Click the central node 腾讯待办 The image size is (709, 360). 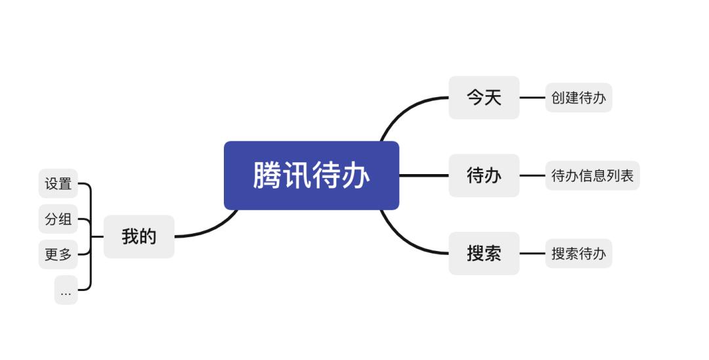click(311, 175)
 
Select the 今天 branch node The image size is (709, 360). click(484, 98)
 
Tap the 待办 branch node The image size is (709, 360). click(484, 175)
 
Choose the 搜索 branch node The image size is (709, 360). click(484, 254)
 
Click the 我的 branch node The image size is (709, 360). click(139, 236)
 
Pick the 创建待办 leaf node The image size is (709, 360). click(578, 98)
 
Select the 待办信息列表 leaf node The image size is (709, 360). click(592, 175)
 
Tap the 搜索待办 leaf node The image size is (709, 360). click(578, 254)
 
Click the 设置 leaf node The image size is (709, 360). click(58, 184)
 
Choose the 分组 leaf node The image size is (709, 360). click(58, 219)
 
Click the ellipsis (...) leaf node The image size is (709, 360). click(66, 290)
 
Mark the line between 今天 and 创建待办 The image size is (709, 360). click(532, 98)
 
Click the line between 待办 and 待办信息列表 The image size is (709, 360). click(532, 175)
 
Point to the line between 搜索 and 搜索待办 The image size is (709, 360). click(532, 254)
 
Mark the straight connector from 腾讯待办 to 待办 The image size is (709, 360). click(423, 175)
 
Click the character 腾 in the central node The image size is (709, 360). click(267, 175)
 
